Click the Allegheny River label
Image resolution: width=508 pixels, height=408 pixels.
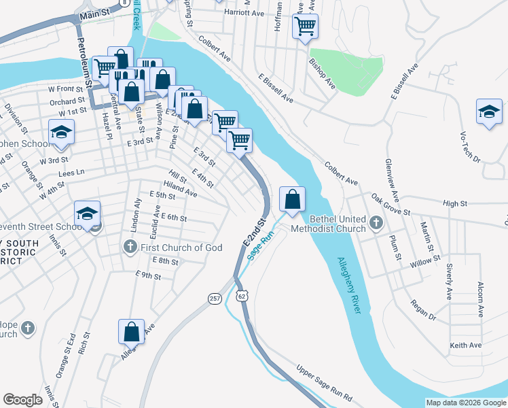[x=348, y=285]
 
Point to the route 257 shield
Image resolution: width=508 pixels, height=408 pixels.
[x=215, y=299]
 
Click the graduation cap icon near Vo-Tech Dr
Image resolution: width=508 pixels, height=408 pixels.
[x=489, y=112]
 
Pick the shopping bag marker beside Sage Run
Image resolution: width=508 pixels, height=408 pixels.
[x=292, y=199]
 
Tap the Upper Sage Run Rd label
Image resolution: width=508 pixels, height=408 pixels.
[x=325, y=384]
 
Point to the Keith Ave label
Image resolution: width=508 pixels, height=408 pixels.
[x=467, y=345]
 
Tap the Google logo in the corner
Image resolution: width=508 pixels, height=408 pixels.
[x=23, y=400]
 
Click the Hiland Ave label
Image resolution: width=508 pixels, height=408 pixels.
[x=180, y=189]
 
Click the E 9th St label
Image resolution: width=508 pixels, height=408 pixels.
[x=148, y=275]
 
